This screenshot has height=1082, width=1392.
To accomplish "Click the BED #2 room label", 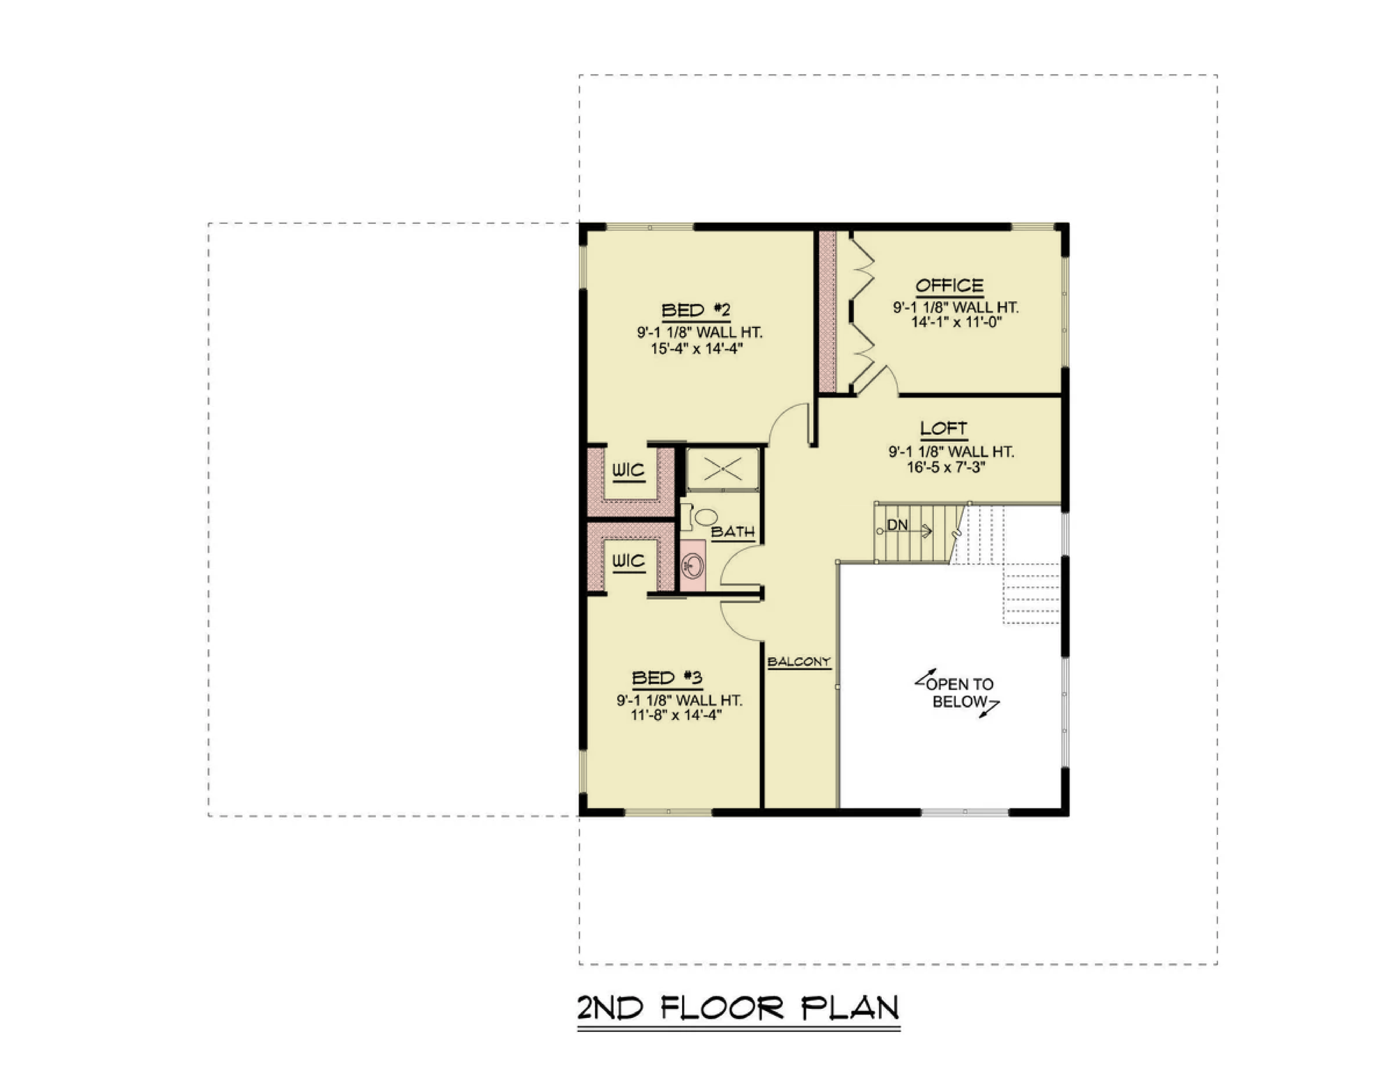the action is (x=695, y=310).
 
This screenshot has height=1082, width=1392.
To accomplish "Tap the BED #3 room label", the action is (x=667, y=678).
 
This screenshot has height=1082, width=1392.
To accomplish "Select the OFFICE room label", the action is (x=949, y=285).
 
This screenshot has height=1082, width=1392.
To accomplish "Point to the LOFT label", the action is (x=944, y=429).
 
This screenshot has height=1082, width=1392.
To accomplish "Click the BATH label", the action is (x=733, y=532).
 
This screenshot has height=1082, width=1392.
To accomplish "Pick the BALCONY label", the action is (x=799, y=662).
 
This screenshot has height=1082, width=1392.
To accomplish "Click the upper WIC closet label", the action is (x=628, y=470).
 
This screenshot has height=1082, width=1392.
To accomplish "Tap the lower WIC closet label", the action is (x=628, y=561).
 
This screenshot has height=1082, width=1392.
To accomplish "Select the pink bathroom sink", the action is (x=693, y=566).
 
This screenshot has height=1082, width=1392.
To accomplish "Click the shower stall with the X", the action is (x=722, y=470).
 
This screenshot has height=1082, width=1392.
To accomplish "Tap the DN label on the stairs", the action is (x=897, y=525).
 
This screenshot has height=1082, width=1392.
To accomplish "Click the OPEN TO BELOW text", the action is (x=959, y=693).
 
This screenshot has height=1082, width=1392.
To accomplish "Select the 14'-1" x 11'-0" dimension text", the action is (x=956, y=322).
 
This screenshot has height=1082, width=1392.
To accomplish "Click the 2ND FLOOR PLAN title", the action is (x=738, y=1008).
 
